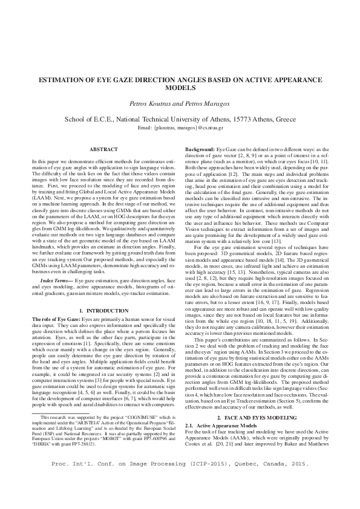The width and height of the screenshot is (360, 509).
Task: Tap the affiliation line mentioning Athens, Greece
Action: click(x=180, y=120)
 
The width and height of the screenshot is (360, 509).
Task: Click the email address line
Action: click(x=180, y=128)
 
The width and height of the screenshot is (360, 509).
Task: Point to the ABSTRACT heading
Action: click(x=103, y=149)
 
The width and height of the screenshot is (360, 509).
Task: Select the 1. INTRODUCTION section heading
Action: click(x=103, y=310)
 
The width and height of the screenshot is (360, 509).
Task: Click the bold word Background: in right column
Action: click(x=200, y=148)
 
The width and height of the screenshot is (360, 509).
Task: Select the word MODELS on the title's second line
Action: click(x=180, y=88)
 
